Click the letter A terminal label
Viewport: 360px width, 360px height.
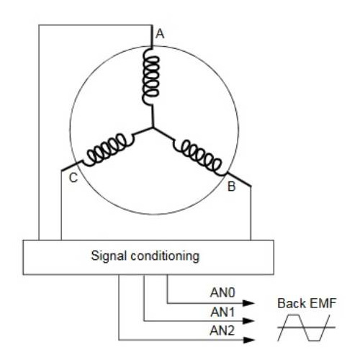tap(160, 34)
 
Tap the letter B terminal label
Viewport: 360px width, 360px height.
tap(231, 186)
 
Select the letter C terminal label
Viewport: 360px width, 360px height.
tap(73, 178)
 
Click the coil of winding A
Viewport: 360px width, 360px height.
tap(150, 76)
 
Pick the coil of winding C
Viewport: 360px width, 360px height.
tap(108, 150)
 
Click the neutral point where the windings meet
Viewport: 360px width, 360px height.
tap(153, 127)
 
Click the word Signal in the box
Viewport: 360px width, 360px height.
tap(109, 256)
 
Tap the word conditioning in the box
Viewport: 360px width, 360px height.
tap(165, 256)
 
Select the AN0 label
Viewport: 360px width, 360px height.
tap(222, 292)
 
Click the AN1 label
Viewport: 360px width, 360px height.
tap(222, 312)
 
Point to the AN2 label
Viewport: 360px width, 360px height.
tap(222, 330)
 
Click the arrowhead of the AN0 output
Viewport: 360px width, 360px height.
tap(248, 303)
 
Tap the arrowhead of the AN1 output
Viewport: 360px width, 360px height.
tap(248, 321)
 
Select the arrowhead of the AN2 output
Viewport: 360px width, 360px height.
tap(248, 340)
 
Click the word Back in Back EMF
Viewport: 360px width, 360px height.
tap(292, 303)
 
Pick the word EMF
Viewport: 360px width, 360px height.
tap(323, 303)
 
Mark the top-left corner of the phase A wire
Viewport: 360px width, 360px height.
tap(39, 25)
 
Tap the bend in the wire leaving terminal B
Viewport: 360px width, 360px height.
tap(251, 186)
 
